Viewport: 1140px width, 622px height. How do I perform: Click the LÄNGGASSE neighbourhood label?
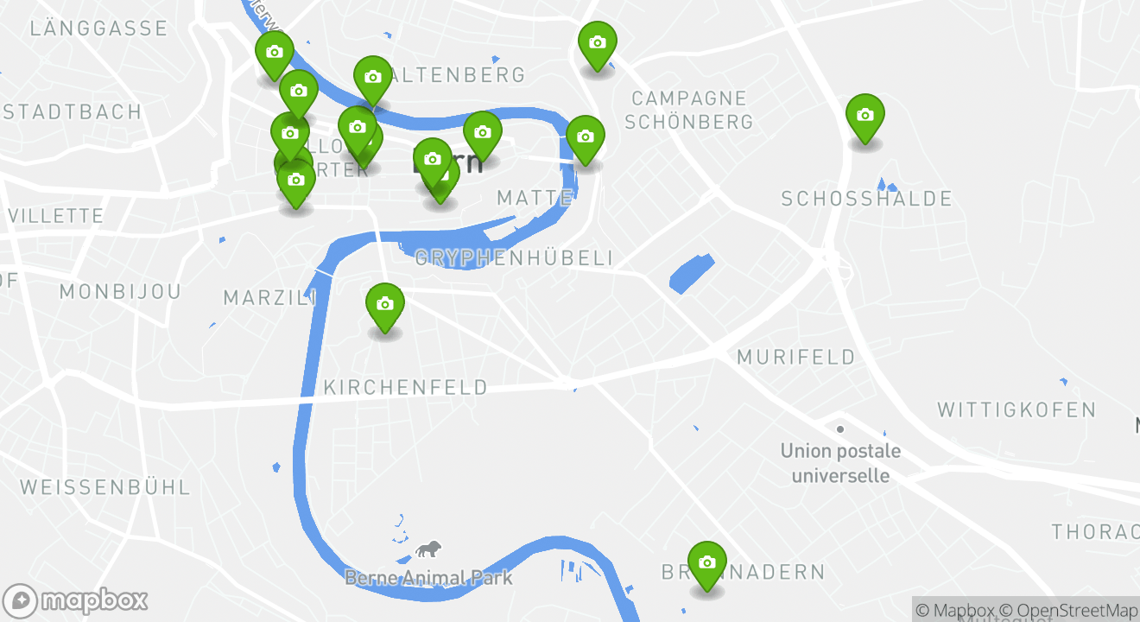pyautogui.click(x=98, y=29)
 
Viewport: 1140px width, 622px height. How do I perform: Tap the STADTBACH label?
pyautogui.click(x=73, y=112)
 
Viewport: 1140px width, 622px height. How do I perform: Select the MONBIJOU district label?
pyautogui.click(x=120, y=292)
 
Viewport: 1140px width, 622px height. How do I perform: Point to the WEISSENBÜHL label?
pyautogui.click(x=105, y=487)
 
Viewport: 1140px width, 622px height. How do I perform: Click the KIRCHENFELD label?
pyautogui.click(x=405, y=388)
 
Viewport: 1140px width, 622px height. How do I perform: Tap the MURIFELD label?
pyautogui.click(x=796, y=357)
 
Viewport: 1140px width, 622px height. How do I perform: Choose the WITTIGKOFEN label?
pyautogui.click(x=1016, y=409)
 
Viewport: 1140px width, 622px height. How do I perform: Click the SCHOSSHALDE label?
pyautogui.click(x=866, y=200)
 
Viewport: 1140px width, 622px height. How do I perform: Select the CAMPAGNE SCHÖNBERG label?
pyautogui.click(x=688, y=110)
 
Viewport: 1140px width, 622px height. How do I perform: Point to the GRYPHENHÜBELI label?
pyautogui.click(x=515, y=258)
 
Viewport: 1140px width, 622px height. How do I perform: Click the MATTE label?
pyautogui.click(x=535, y=199)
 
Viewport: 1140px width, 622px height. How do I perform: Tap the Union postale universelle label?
pyautogui.click(x=840, y=463)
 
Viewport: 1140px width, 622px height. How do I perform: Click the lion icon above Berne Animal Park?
pyautogui.click(x=427, y=550)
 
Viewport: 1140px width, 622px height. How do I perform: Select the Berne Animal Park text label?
pyautogui.click(x=428, y=578)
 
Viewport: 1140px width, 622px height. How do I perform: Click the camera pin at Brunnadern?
pyautogui.click(x=706, y=563)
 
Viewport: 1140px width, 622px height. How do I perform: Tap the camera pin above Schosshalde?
pyautogui.click(x=864, y=116)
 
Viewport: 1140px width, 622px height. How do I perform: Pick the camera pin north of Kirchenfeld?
pyautogui.click(x=385, y=305)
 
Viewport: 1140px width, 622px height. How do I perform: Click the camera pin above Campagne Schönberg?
pyautogui.click(x=597, y=43)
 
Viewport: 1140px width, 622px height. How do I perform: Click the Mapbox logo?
pyautogui.click(x=75, y=600)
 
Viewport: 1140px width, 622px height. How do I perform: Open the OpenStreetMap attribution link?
pyautogui.click(x=1078, y=611)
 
